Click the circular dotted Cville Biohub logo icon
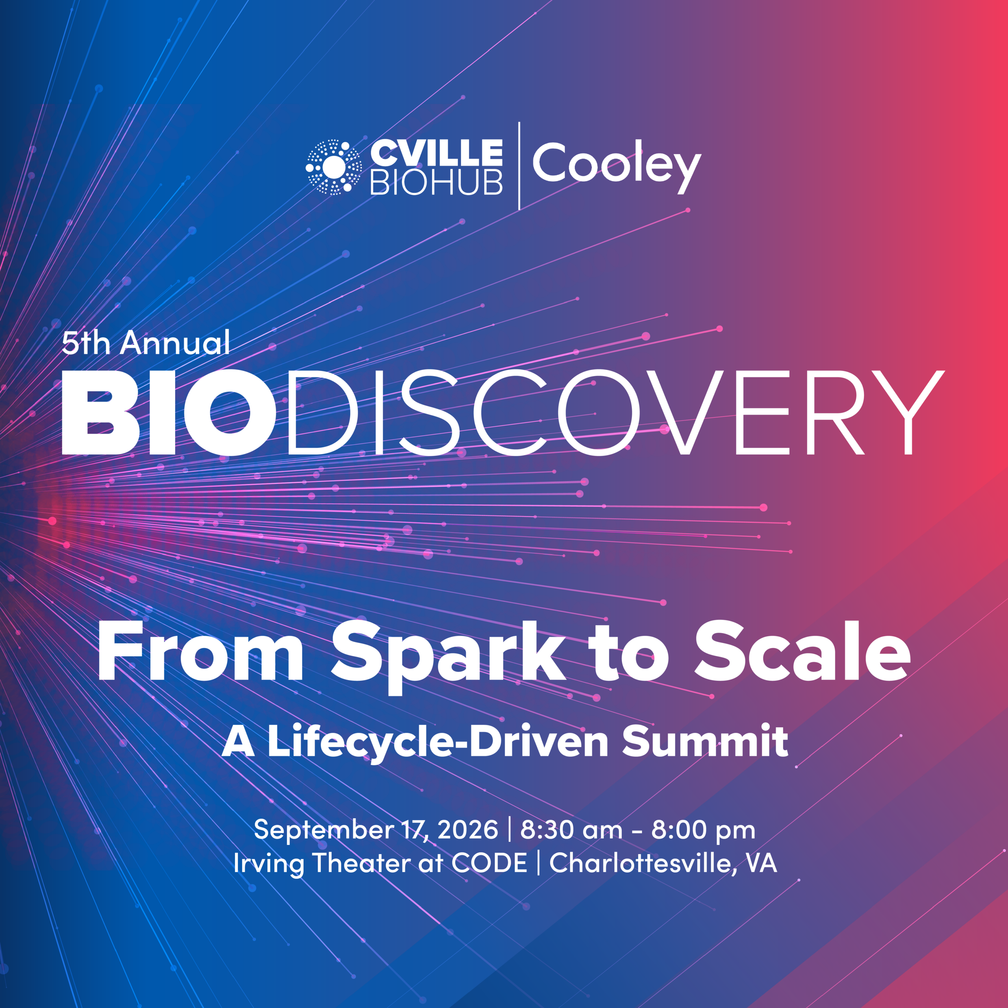click(x=334, y=167)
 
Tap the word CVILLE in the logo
click(x=436, y=153)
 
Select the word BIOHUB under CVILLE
click(x=436, y=182)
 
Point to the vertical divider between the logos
click(x=519, y=166)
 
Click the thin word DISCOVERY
click(x=616, y=412)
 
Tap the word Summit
click(x=705, y=741)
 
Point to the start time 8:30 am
click(x=571, y=830)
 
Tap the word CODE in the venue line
click(x=489, y=863)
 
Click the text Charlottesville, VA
click(x=663, y=863)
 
